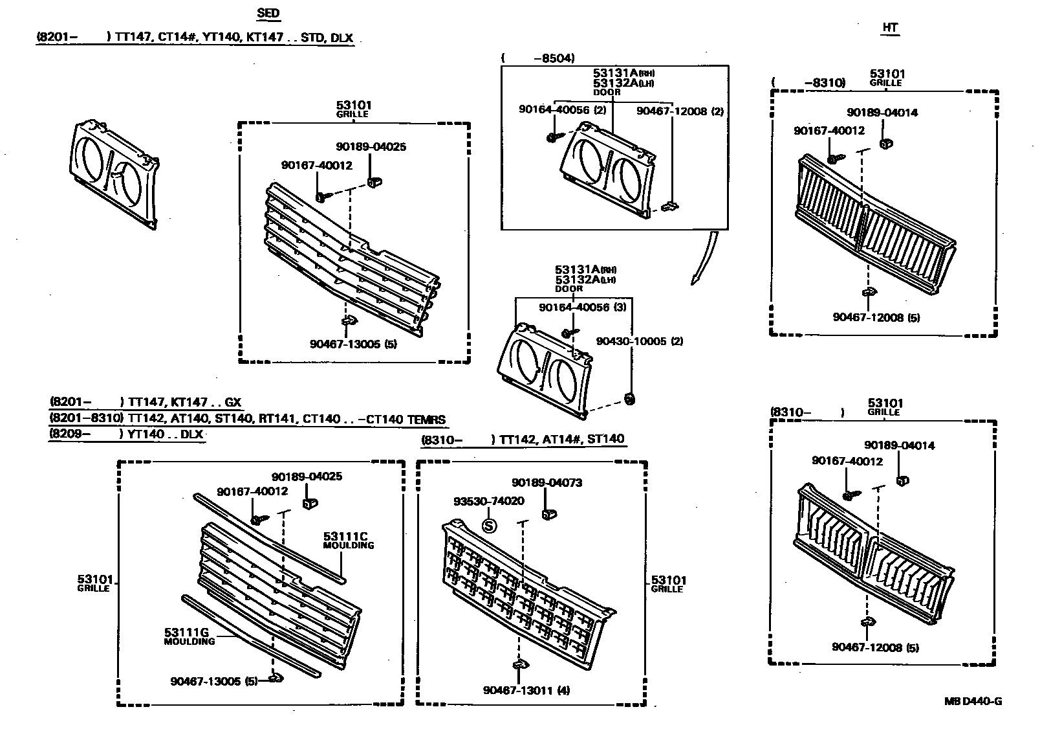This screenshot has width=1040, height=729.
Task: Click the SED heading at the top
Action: (268, 13)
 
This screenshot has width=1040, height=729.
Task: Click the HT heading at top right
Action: (890, 27)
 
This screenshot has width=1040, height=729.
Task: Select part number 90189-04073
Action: (547, 482)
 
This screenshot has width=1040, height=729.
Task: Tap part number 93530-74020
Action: (488, 501)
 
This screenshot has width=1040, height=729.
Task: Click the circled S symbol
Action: (490, 525)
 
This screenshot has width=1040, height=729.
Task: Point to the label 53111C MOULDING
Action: (349, 539)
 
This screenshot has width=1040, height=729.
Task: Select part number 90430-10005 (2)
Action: (639, 341)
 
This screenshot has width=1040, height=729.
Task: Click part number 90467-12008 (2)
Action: (680, 111)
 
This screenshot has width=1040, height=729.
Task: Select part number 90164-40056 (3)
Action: (582, 308)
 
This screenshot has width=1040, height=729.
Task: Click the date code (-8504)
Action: (537, 58)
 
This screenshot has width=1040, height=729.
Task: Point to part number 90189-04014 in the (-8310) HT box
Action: (882, 112)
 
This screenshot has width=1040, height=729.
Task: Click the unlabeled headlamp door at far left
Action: (113, 174)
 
